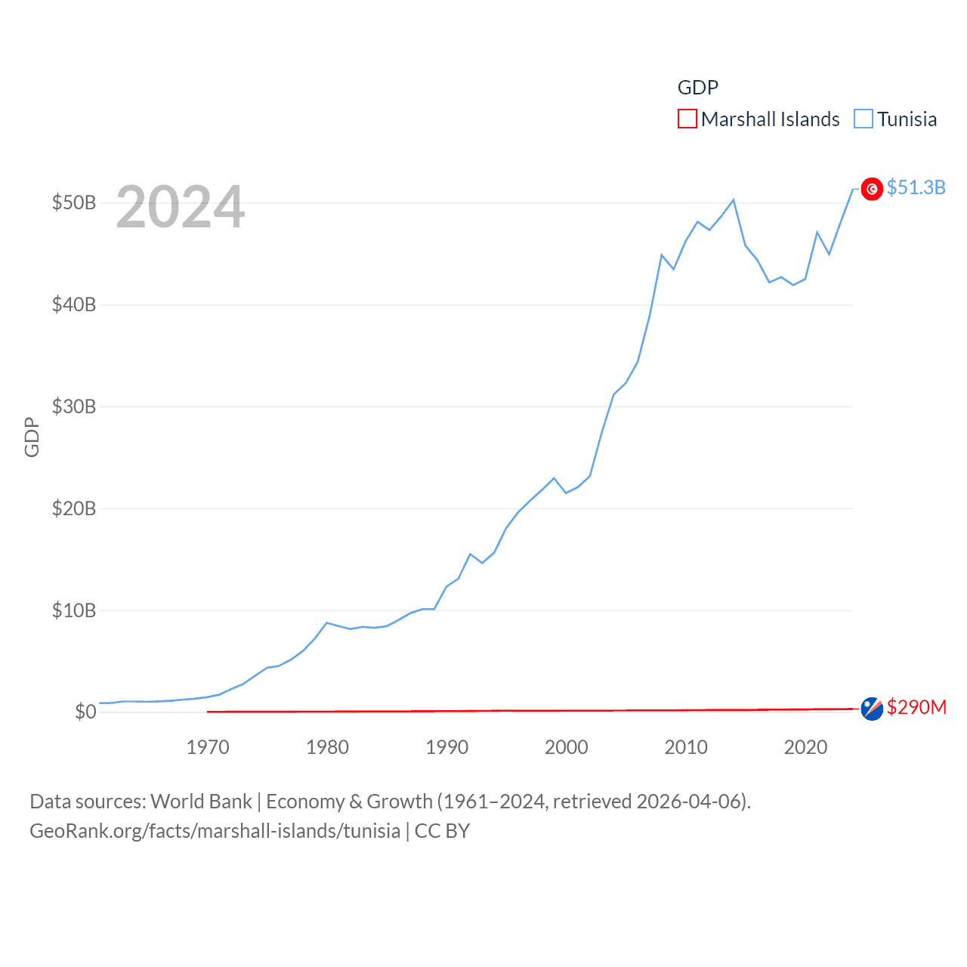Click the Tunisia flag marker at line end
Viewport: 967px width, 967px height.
(x=872, y=189)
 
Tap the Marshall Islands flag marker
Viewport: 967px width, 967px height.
(x=872, y=709)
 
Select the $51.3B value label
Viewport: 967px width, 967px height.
(x=916, y=187)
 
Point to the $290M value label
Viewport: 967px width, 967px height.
(x=916, y=707)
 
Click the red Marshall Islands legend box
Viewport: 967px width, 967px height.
(x=687, y=119)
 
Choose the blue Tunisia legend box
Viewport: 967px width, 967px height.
(x=864, y=119)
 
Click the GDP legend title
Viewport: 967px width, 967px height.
(x=697, y=88)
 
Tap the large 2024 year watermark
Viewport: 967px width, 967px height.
(x=180, y=207)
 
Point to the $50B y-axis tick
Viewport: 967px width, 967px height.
(x=73, y=203)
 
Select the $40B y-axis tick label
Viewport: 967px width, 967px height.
(x=73, y=305)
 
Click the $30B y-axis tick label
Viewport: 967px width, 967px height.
(x=73, y=407)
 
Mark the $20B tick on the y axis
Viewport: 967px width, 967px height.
(x=73, y=509)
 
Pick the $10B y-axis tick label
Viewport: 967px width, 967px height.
(x=73, y=610)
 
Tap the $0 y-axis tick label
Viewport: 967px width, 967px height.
(x=85, y=712)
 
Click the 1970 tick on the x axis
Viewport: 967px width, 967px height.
(x=208, y=748)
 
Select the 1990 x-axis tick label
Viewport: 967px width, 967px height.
(x=447, y=748)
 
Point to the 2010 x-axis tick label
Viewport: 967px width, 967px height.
(x=686, y=748)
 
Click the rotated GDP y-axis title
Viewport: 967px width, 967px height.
(x=32, y=437)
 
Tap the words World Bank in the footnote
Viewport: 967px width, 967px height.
(x=201, y=802)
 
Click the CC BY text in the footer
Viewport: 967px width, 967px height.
(x=442, y=831)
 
